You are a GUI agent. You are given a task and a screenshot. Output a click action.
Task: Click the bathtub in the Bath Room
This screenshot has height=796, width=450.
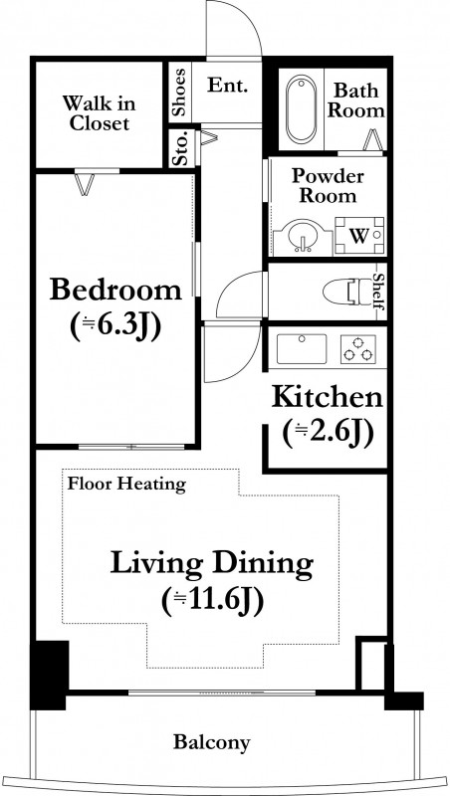(301, 109)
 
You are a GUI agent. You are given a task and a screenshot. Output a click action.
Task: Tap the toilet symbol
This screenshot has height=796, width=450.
(348, 292)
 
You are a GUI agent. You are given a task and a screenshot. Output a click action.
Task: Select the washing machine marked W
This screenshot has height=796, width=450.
(359, 236)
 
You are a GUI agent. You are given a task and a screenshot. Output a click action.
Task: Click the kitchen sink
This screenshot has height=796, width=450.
(302, 349)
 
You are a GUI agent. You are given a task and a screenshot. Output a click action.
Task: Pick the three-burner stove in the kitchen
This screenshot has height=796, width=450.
(358, 349)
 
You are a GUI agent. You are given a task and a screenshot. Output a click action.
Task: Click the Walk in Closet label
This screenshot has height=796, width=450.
(99, 113)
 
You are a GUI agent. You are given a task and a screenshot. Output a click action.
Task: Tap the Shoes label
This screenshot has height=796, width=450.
(179, 92)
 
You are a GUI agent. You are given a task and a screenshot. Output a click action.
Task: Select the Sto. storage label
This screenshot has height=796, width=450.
(181, 148)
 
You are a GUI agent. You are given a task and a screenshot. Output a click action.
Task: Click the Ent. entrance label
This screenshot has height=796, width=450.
(227, 85)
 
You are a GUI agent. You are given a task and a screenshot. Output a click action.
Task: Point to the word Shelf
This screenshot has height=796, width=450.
(378, 292)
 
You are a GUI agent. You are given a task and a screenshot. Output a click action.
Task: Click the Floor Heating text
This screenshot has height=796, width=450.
(126, 484)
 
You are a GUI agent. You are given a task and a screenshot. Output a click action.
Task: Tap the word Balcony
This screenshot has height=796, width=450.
(212, 742)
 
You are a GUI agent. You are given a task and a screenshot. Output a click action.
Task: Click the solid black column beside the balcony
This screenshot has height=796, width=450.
(49, 676)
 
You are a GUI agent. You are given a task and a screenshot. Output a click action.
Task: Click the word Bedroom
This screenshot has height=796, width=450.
(115, 290)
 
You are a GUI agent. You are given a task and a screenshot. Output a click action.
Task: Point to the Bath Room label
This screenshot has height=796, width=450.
(355, 101)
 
